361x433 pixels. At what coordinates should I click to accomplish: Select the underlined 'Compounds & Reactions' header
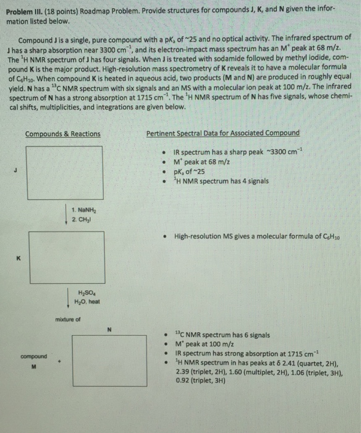click(x=62, y=134)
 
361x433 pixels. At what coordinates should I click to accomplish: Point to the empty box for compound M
click(x=28, y=360)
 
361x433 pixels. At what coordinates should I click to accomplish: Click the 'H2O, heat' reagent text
click(x=89, y=300)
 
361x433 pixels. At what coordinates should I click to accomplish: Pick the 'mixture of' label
click(x=68, y=320)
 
